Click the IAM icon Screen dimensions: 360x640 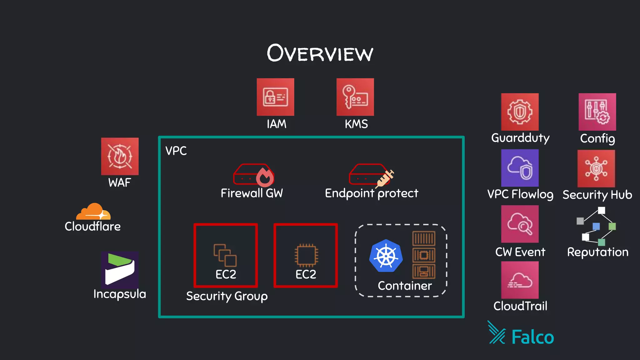point(275,97)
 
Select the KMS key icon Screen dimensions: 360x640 point(355,97)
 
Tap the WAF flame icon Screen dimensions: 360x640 point(120,156)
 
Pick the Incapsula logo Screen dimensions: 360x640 point(120,269)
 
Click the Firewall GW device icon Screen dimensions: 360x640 point(253,175)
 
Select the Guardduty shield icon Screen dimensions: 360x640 point(520,112)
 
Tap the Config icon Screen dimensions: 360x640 point(597,112)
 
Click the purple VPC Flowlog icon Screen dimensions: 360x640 point(520,168)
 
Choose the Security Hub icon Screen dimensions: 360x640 point(596,168)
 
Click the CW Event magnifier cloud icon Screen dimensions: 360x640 point(520,224)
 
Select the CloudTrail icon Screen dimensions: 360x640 point(520,280)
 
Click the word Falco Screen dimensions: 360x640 point(532,337)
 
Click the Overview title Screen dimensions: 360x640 point(320,53)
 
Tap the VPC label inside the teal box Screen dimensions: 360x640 point(176,151)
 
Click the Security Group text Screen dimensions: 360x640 point(227,296)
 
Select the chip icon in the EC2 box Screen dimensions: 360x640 point(306,255)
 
